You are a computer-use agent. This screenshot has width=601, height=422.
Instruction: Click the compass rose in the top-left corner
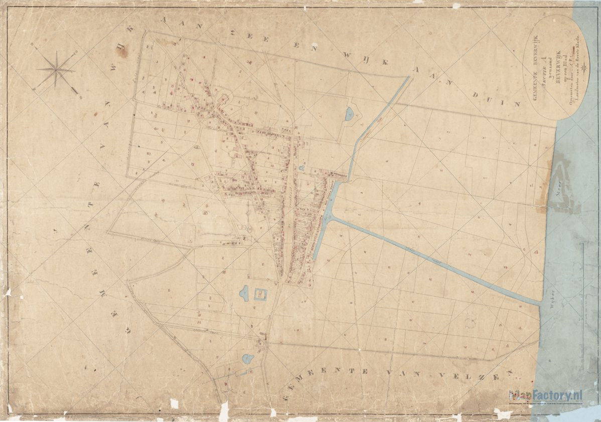click(56, 70)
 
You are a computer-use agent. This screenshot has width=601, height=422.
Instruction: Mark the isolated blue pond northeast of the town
click(349, 115)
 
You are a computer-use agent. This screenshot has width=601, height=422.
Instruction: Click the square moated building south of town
click(261, 294)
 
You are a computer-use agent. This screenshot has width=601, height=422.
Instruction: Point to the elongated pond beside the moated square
click(244, 293)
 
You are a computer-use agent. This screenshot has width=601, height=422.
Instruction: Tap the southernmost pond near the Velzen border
click(248, 358)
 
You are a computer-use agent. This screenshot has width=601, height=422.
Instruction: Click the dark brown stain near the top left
click(121, 51)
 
